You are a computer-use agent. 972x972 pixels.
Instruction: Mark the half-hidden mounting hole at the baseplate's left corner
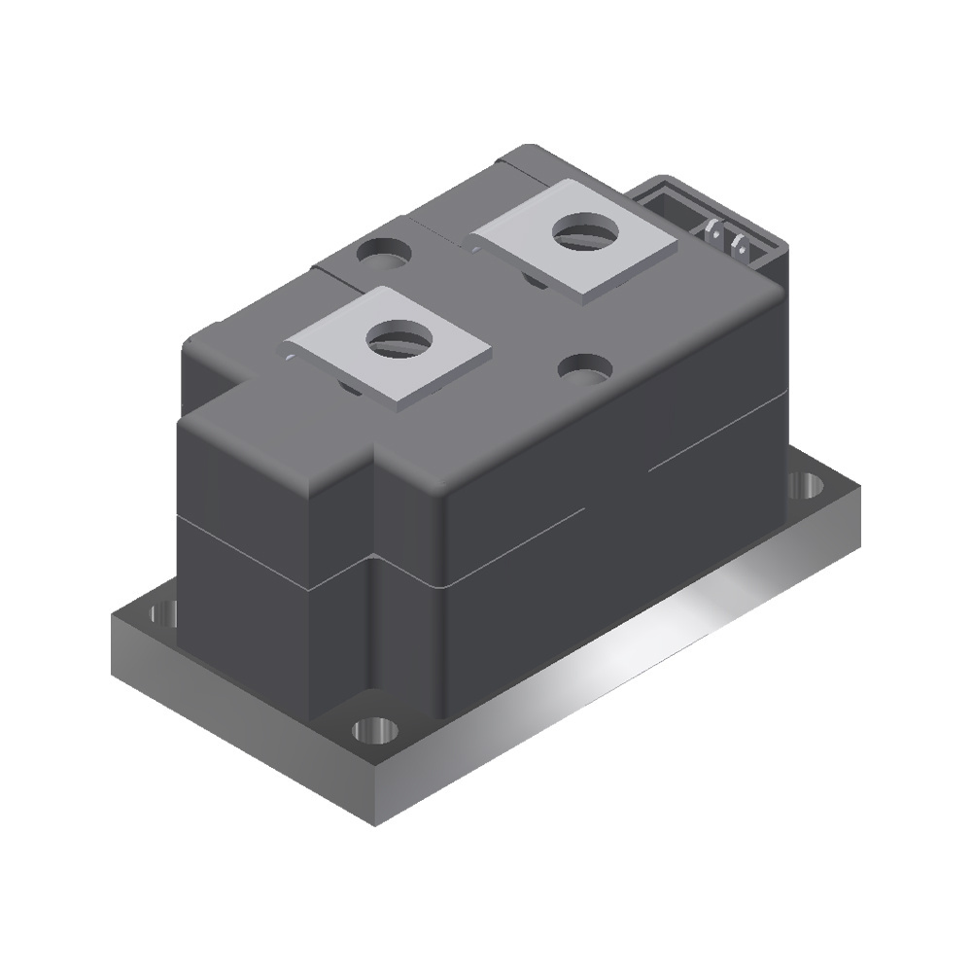point(165,613)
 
